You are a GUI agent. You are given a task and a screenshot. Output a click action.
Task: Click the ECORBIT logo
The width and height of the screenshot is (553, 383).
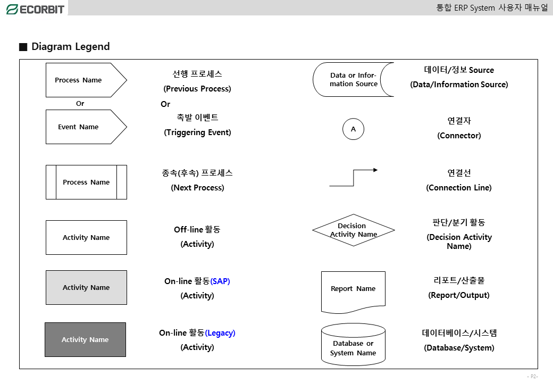[35, 9]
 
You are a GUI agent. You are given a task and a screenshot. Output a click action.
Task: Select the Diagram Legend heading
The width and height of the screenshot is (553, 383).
[70, 47]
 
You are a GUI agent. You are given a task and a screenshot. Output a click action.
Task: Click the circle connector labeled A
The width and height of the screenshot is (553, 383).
[354, 129]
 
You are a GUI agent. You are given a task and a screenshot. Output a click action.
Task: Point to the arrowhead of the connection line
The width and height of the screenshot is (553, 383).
[375, 170]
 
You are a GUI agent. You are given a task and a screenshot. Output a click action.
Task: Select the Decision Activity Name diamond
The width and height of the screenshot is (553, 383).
[354, 230]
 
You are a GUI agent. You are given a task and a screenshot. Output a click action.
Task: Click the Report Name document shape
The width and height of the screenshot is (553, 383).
[353, 290]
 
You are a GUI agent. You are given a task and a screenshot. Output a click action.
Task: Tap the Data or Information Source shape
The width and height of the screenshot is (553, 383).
[353, 80]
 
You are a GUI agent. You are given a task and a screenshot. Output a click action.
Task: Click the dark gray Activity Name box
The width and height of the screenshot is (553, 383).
[85, 339]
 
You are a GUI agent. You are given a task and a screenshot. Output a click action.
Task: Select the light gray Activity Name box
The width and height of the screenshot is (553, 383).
[86, 287]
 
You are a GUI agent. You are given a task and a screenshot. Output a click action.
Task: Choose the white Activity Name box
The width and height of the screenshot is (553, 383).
[86, 237]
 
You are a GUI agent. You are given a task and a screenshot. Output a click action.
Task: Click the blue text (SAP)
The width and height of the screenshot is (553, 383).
[220, 281]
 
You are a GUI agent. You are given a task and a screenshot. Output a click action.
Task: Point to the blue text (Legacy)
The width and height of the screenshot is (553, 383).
[220, 333]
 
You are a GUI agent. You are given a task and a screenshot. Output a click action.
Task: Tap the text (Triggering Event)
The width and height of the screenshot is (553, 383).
[197, 132]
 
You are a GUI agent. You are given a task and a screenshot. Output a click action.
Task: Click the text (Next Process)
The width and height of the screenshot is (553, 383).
[197, 188]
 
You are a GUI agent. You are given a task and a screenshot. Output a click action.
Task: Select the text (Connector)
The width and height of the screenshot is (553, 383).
[459, 136]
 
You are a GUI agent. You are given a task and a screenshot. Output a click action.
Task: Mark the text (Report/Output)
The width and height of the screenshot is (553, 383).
[459, 295]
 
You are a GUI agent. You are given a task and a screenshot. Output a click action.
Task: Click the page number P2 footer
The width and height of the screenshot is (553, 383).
[532, 377]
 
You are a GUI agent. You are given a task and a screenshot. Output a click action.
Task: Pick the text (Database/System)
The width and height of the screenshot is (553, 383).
[459, 348]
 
